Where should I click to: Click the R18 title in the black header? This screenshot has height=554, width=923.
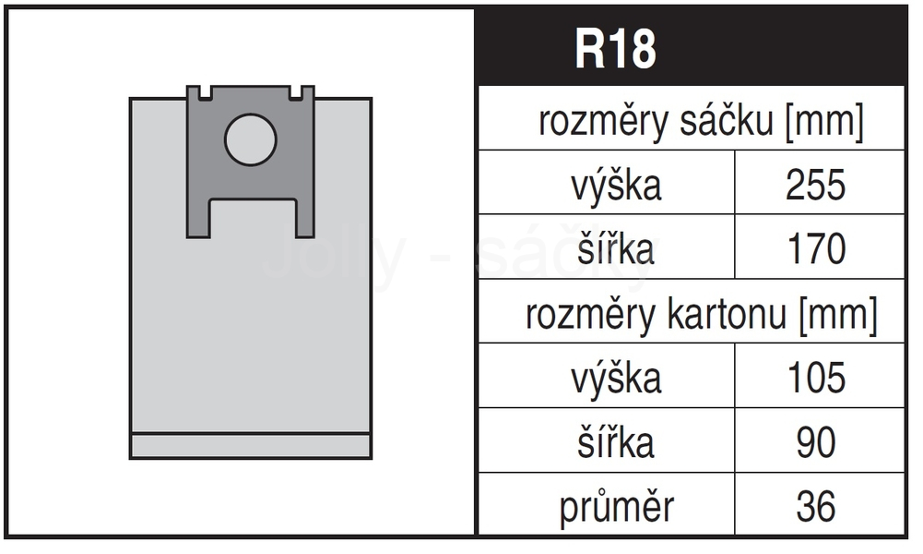coord(615,49)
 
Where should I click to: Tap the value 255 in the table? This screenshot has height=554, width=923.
coord(816,185)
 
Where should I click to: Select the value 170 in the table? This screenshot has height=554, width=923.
coord(816,248)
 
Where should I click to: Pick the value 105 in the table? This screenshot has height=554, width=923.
coord(816,378)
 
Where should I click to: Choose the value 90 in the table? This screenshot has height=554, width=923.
coord(816,442)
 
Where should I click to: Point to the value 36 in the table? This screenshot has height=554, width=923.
coord(816,506)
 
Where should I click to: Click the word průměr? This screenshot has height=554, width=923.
coord(616,508)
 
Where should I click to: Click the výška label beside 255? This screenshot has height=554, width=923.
coord(616,186)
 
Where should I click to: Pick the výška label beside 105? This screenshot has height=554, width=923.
coord(616,379)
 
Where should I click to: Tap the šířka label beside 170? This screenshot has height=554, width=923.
coord(616,248)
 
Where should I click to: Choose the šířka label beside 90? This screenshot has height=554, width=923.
coord(616,442)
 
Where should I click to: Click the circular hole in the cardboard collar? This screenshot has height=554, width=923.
coord(250,139)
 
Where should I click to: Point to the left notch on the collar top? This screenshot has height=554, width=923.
coord(206,93)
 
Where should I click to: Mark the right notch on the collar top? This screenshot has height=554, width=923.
coord(295,93)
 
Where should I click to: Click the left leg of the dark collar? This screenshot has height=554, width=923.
coord(198,218)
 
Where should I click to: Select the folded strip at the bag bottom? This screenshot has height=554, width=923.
coord(250,446)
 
